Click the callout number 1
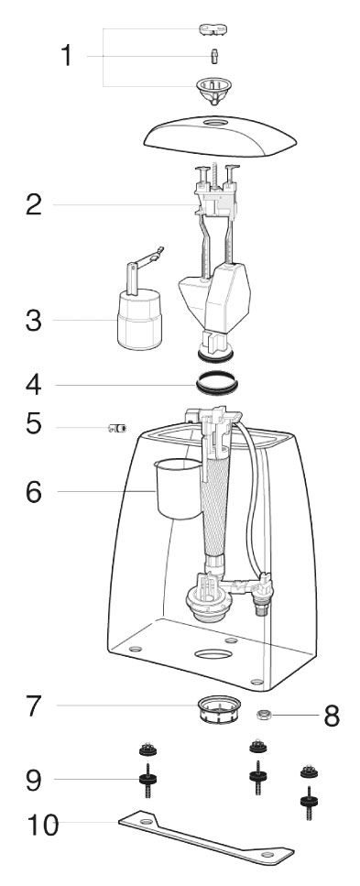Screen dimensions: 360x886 [67, 56]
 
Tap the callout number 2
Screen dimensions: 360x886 [34, 204]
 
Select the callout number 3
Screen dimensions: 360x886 [34, 321]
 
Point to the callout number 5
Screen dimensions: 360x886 [34, 424]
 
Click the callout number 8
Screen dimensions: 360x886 [332, 716]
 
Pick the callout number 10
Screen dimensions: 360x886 [42, 825]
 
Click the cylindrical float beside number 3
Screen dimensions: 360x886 [139, 319]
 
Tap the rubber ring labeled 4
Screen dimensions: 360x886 [217, 383]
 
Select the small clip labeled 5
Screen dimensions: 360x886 [117, 428]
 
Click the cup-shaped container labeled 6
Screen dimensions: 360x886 [178, 488]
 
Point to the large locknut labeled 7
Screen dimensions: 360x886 [219, 710]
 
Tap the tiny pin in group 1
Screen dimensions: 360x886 [214, 56]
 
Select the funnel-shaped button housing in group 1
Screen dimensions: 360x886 [213, 91]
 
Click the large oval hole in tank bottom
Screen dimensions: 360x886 [213, 654]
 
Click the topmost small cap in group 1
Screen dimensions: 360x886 [214, 28]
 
